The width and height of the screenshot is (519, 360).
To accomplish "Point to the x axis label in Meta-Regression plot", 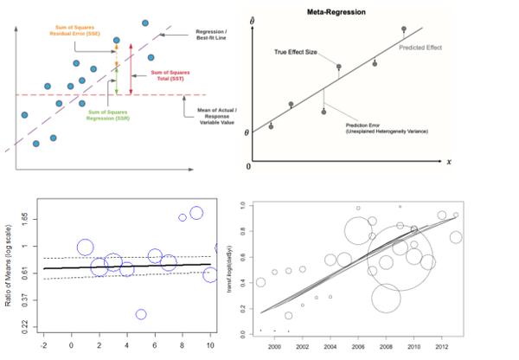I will (450, 161).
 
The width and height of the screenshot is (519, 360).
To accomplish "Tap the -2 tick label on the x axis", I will (43, 345).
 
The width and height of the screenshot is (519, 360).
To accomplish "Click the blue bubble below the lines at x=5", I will (141, 315).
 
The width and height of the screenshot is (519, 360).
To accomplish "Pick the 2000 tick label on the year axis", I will (274, 347).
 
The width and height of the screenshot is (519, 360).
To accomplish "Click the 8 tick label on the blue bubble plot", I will (183, 345).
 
